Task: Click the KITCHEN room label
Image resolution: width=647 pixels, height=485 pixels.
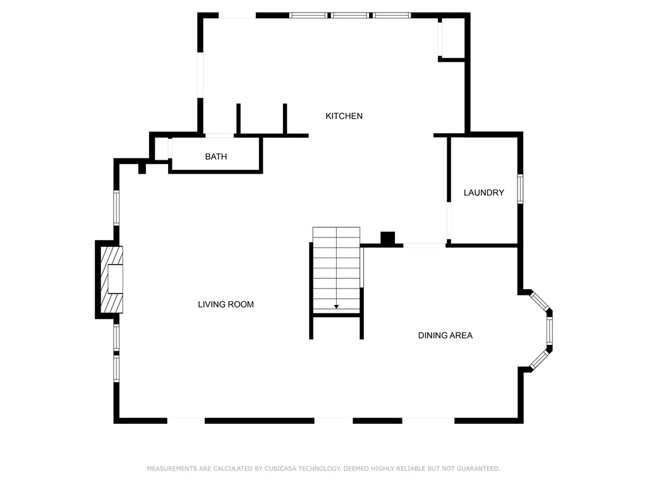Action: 344,116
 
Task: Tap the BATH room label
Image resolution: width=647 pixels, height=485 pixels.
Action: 215,157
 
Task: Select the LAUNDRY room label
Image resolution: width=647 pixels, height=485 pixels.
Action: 483,193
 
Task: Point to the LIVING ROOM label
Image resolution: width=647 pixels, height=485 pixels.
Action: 226,304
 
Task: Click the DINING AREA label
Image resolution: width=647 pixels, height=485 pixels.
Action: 445,335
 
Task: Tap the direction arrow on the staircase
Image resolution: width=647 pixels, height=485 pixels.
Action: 336,306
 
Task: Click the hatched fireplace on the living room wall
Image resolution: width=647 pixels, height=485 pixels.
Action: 111,278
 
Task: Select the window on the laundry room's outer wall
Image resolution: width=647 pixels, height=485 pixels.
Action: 520,189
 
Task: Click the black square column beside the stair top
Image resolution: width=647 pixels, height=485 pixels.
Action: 387,239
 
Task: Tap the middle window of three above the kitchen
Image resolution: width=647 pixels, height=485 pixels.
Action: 350,15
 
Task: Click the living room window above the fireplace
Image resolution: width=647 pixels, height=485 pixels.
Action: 116,208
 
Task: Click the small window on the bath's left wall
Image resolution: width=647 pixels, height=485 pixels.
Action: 169,149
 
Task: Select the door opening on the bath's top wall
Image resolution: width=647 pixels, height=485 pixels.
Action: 219,135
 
